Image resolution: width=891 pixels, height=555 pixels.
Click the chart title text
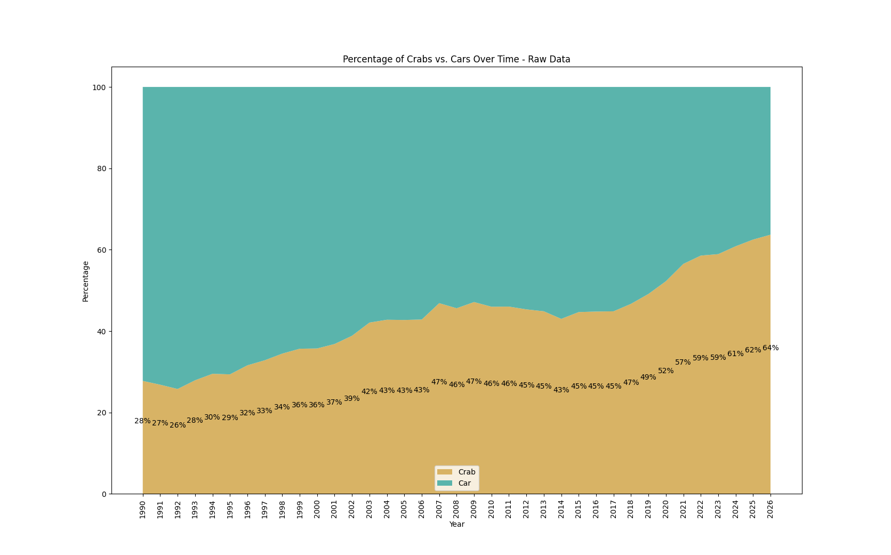(456, 59)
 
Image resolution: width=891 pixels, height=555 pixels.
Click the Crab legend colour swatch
(444, 472)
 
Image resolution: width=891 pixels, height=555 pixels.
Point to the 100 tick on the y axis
(99, 87)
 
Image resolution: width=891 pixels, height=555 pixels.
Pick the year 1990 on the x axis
(143, 509)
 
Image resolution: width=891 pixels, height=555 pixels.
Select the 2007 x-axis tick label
(439, 509)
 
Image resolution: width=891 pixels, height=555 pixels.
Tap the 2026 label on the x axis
(770, 509)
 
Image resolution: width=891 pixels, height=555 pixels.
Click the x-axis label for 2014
(561, 509)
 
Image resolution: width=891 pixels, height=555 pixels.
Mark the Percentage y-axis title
(85, 281)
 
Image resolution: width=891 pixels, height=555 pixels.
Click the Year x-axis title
(456, 525)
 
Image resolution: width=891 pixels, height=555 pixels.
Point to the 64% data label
(770, 348)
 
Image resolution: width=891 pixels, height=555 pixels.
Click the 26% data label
(178, 425)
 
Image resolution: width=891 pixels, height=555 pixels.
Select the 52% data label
(666, 371)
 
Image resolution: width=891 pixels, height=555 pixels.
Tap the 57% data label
(683, 363)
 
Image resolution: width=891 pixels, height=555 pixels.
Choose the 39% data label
(352, 399)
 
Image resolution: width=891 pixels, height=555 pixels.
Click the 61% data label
(735, 354)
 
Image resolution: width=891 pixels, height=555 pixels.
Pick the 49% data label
(648, 377)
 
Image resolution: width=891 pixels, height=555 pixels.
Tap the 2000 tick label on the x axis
(317, 509)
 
